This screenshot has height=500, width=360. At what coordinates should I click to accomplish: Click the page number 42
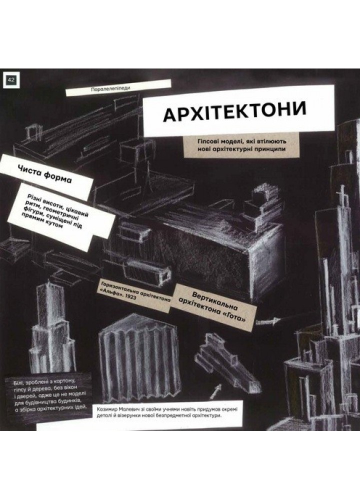coord(11,79)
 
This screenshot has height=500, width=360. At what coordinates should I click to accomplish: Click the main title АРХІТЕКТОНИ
coord(235,112)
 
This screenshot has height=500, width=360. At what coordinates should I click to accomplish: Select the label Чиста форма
coord(45,174)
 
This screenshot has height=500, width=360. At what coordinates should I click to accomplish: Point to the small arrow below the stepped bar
coord(215,391)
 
